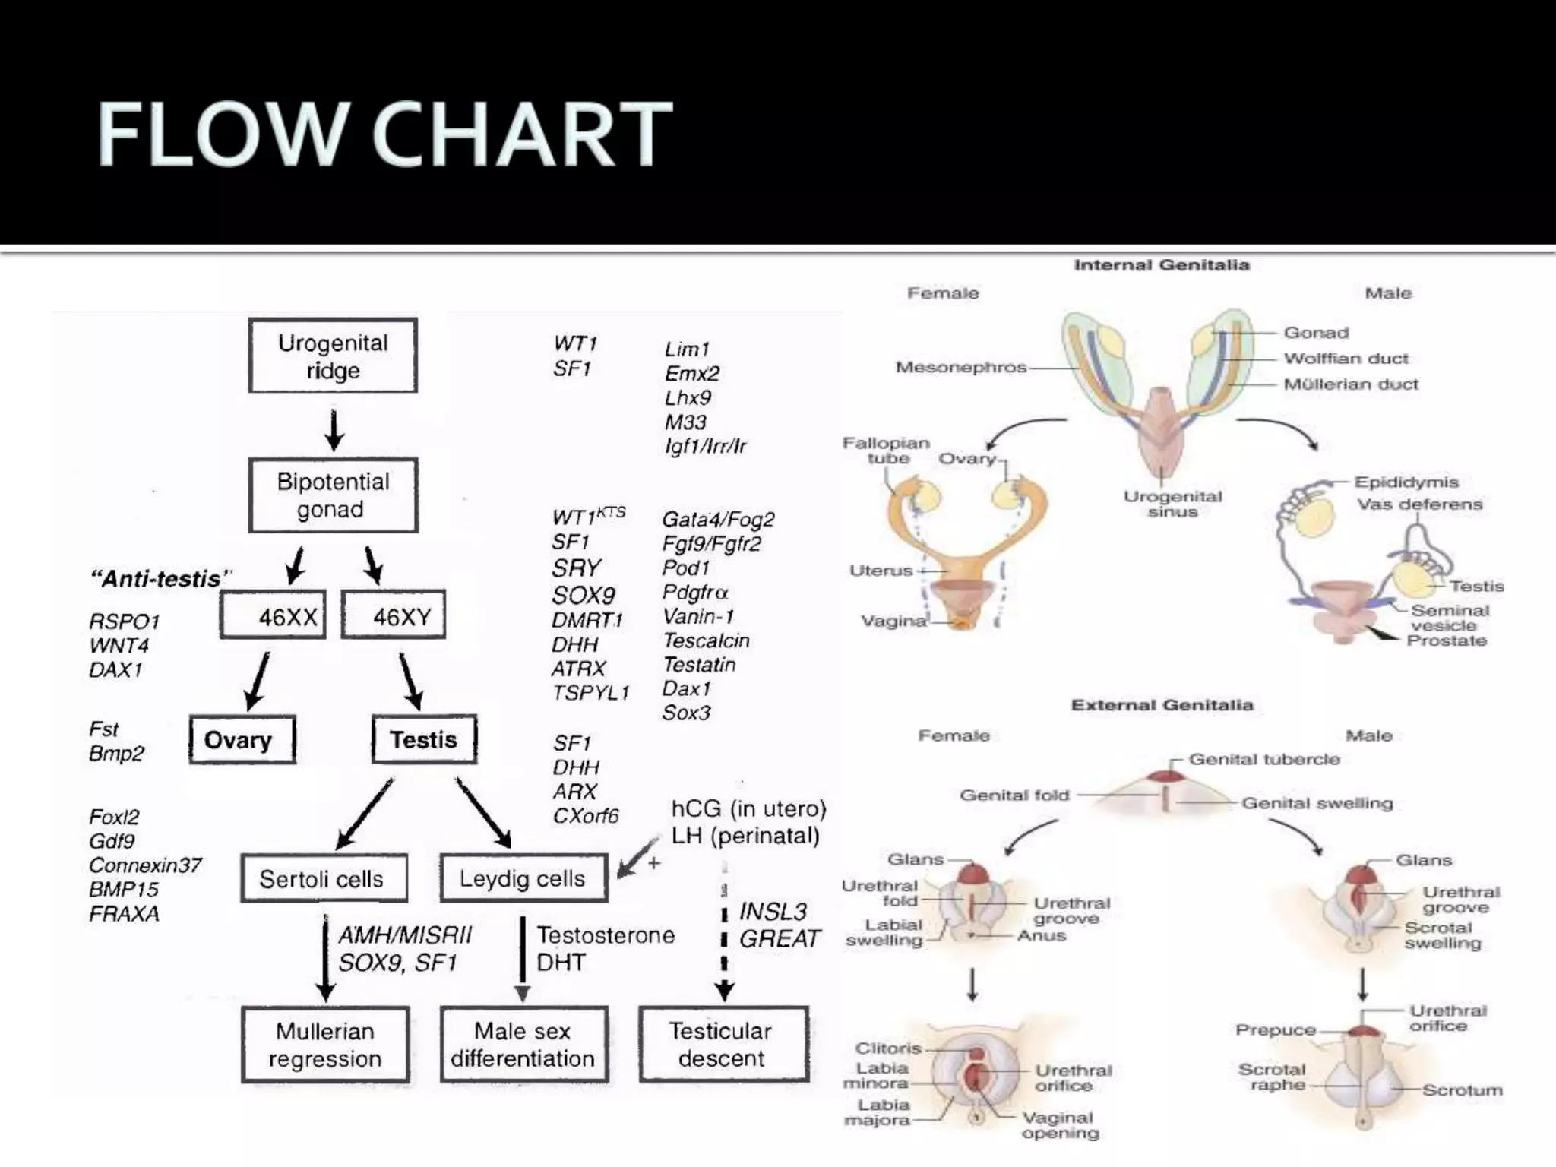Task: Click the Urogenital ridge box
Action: [x=333, y=356]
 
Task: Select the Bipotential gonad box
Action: [x=333, y=495]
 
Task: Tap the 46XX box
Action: [x=273, y=616]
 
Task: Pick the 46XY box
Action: [x=394, y=615]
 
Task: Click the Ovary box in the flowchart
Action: [x=242, y=739]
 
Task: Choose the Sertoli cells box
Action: [x=324, y=879]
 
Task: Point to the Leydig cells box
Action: [x=523, y=878]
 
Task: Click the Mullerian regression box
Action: [x=325, y=1045]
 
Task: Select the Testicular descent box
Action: [x=723, y=1045]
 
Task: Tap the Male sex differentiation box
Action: [x=523, y=1045]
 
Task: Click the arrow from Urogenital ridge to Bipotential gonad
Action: [x=334, y=429]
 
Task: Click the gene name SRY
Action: [x=577, y=568]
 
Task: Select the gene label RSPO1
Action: [x=125, y=621]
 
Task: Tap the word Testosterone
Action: [x=606, y=935]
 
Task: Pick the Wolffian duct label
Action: [x=1346, y=359]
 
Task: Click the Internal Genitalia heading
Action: [x=1162, y=265]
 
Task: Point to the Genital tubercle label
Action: [x=1264, y=759]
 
